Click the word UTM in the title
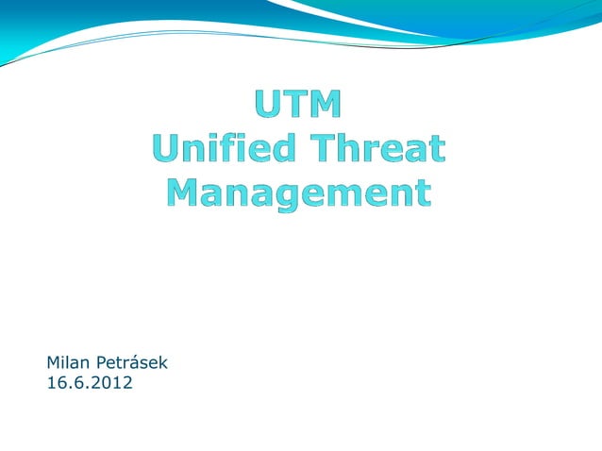pos(297,105)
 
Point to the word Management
pos(298,192)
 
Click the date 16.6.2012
pos(90,383)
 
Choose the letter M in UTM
pos(326,105)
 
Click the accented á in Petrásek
pos(136,361)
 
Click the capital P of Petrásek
pos(98,361)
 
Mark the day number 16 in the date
pos(55,383)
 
